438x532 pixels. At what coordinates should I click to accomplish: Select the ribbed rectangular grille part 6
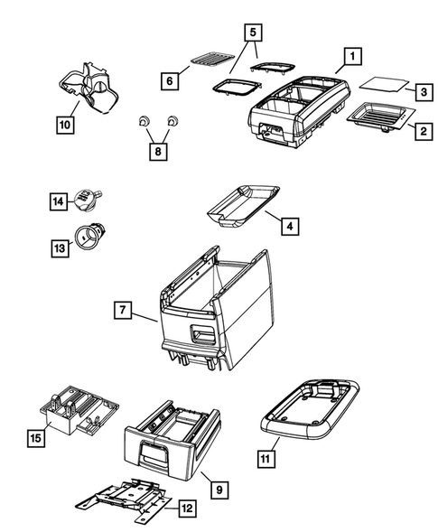click(x=210, y=61)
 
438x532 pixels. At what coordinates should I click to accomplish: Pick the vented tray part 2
click(x=379, y=117)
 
